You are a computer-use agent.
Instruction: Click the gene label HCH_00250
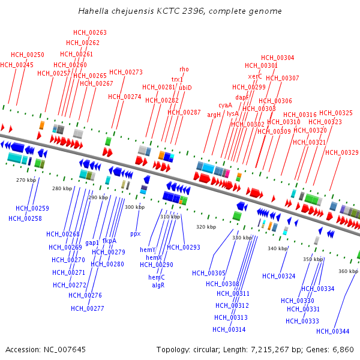tap(28, 55)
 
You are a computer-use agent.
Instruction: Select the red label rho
tap(184, 70)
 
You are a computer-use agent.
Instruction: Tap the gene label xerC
tap(255, 77)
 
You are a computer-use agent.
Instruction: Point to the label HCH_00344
tap(332, 331)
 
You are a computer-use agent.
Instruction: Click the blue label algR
tap(158, 286)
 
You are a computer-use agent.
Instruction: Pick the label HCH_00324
tap(279, 277)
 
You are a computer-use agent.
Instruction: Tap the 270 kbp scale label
tap(26, 180)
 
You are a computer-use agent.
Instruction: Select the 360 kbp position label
tap(348, 271)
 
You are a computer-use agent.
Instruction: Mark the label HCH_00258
tap(25, 218)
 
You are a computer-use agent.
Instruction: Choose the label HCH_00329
tap(342, 152)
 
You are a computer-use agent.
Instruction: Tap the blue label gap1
tap(92, 243)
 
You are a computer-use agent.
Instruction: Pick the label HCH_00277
tap(88, 309)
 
